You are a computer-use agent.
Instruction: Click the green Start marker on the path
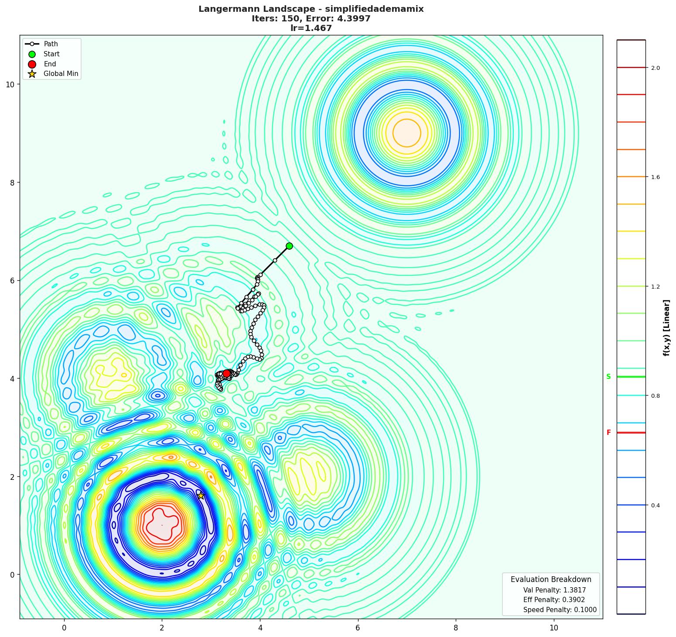[x=289, y=246]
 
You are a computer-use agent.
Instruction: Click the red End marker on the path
[x=227, y=373]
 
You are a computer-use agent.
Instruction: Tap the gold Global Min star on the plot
[x=201, y=496]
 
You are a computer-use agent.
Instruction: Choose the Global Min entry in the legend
[x=61, y=74]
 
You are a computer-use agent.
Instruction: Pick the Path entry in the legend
[x=51, y=44]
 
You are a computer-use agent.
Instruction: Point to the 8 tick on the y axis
[x=13, y=182]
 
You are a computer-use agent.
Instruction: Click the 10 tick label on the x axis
[x=553, y=628]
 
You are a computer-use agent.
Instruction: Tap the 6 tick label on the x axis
[x=358, y=628]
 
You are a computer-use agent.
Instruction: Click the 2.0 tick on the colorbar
[x=655, y=68]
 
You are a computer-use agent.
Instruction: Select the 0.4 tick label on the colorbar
[x=655, y=506]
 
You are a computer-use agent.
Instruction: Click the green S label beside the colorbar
[x=608, y=377]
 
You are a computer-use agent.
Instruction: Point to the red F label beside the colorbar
[x=608, y=433]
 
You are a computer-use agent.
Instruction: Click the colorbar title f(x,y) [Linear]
[x=666, y=327]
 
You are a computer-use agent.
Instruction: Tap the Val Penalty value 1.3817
[x=572, y=590]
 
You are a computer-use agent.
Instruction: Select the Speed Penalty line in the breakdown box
[x=560, y=610]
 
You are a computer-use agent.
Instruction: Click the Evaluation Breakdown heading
[x=551, y=579]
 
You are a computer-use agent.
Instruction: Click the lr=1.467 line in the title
[x=311, y=28]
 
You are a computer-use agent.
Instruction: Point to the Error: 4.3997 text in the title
[x=340, y=19]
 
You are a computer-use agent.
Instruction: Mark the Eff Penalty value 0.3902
[x=571, y=600]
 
